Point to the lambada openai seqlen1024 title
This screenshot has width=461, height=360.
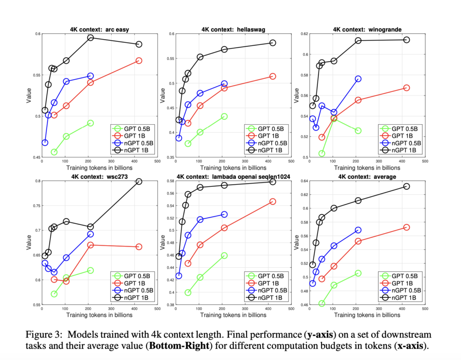pyautogui.click(x=233, y=177)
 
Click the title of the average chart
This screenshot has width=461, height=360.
pyautogui.click(x=367, y=177)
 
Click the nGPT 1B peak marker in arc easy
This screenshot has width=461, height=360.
pyautogui.click(x=90, y=38)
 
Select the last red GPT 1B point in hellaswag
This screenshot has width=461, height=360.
pyautogui.click(x=272, y=76)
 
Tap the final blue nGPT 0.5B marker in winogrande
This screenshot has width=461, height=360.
pyautogui.click(x=358, y=79)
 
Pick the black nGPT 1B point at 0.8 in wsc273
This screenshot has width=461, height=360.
pyautogui.click(x=139, y=181)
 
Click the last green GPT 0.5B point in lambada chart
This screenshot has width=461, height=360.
pyautogui.click(x=224, y=256)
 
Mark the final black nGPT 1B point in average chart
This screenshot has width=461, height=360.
pyautogui.click(x=407, y=186)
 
